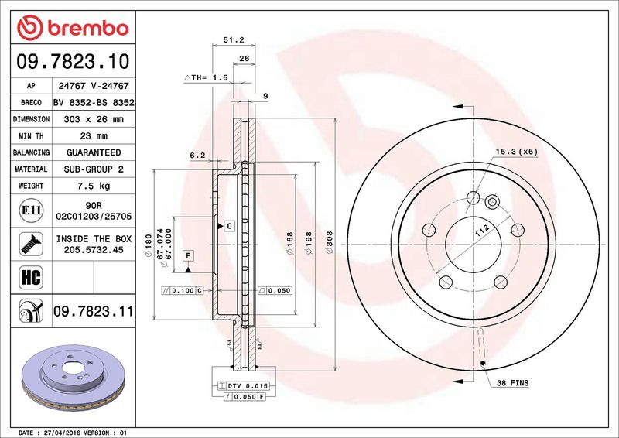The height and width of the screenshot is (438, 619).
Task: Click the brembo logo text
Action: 88,29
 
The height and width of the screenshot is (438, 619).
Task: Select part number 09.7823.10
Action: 73,62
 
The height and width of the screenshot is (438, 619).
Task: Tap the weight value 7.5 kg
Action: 94,186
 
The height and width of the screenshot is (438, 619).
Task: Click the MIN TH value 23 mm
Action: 94,136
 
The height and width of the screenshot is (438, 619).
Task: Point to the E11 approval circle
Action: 31,210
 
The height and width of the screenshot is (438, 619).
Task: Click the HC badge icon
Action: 31,277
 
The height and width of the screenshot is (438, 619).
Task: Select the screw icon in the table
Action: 31,244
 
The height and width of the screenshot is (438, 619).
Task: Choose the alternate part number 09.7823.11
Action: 93,311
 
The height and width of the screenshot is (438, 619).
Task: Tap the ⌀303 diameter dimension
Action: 330,242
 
